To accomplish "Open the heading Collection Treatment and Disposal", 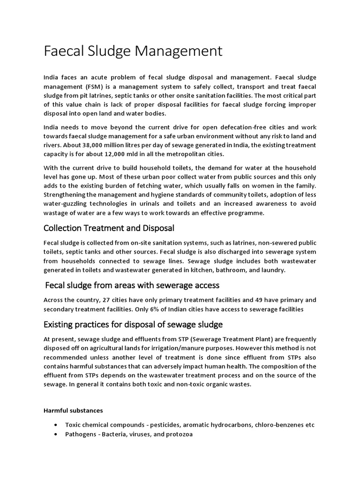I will point(109,228).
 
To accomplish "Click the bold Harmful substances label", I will point(73,411).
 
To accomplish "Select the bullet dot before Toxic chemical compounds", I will point(56,425).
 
